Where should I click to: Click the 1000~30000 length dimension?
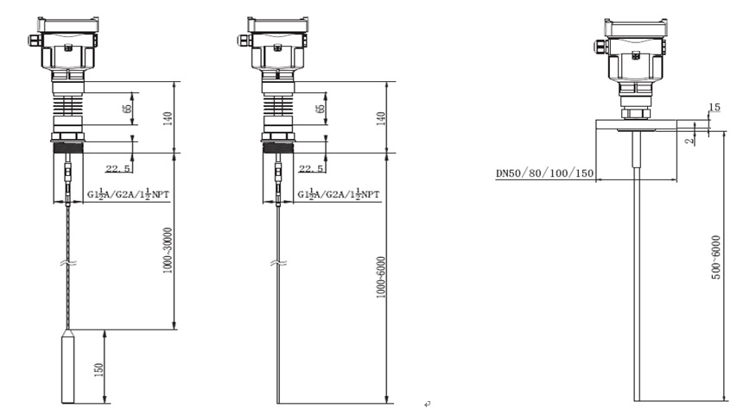coord(168,251)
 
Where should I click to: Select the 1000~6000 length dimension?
coord(381,277)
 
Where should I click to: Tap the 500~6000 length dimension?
coord(716,257)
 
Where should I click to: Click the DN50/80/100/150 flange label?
coord(545,173)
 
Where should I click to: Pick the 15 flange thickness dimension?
coord(714,107)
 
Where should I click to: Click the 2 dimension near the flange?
coord(689,141)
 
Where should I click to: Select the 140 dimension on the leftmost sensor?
coord(168,118)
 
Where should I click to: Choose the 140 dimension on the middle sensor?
coord(381,118)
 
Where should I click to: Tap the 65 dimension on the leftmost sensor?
coord(127,109)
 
